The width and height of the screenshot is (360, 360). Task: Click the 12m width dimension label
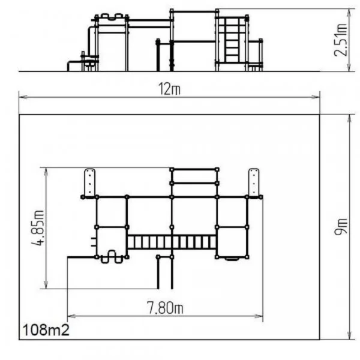coord(169,89)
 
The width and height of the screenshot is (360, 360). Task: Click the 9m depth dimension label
coord(341,226)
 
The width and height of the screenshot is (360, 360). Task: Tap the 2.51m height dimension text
coord(341,40)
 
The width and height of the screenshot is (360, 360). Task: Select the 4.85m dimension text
coord(37,228)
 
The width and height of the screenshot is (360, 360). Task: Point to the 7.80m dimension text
coord(165,308)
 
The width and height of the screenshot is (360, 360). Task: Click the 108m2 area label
coord(46,330)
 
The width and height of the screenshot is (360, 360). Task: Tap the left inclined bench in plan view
coord(89,183)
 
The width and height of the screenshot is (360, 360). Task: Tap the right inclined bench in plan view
coord(254,182)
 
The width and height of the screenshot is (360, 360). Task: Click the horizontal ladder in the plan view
coord(172,242)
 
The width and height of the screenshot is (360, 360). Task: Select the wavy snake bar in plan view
coord(112,257)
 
